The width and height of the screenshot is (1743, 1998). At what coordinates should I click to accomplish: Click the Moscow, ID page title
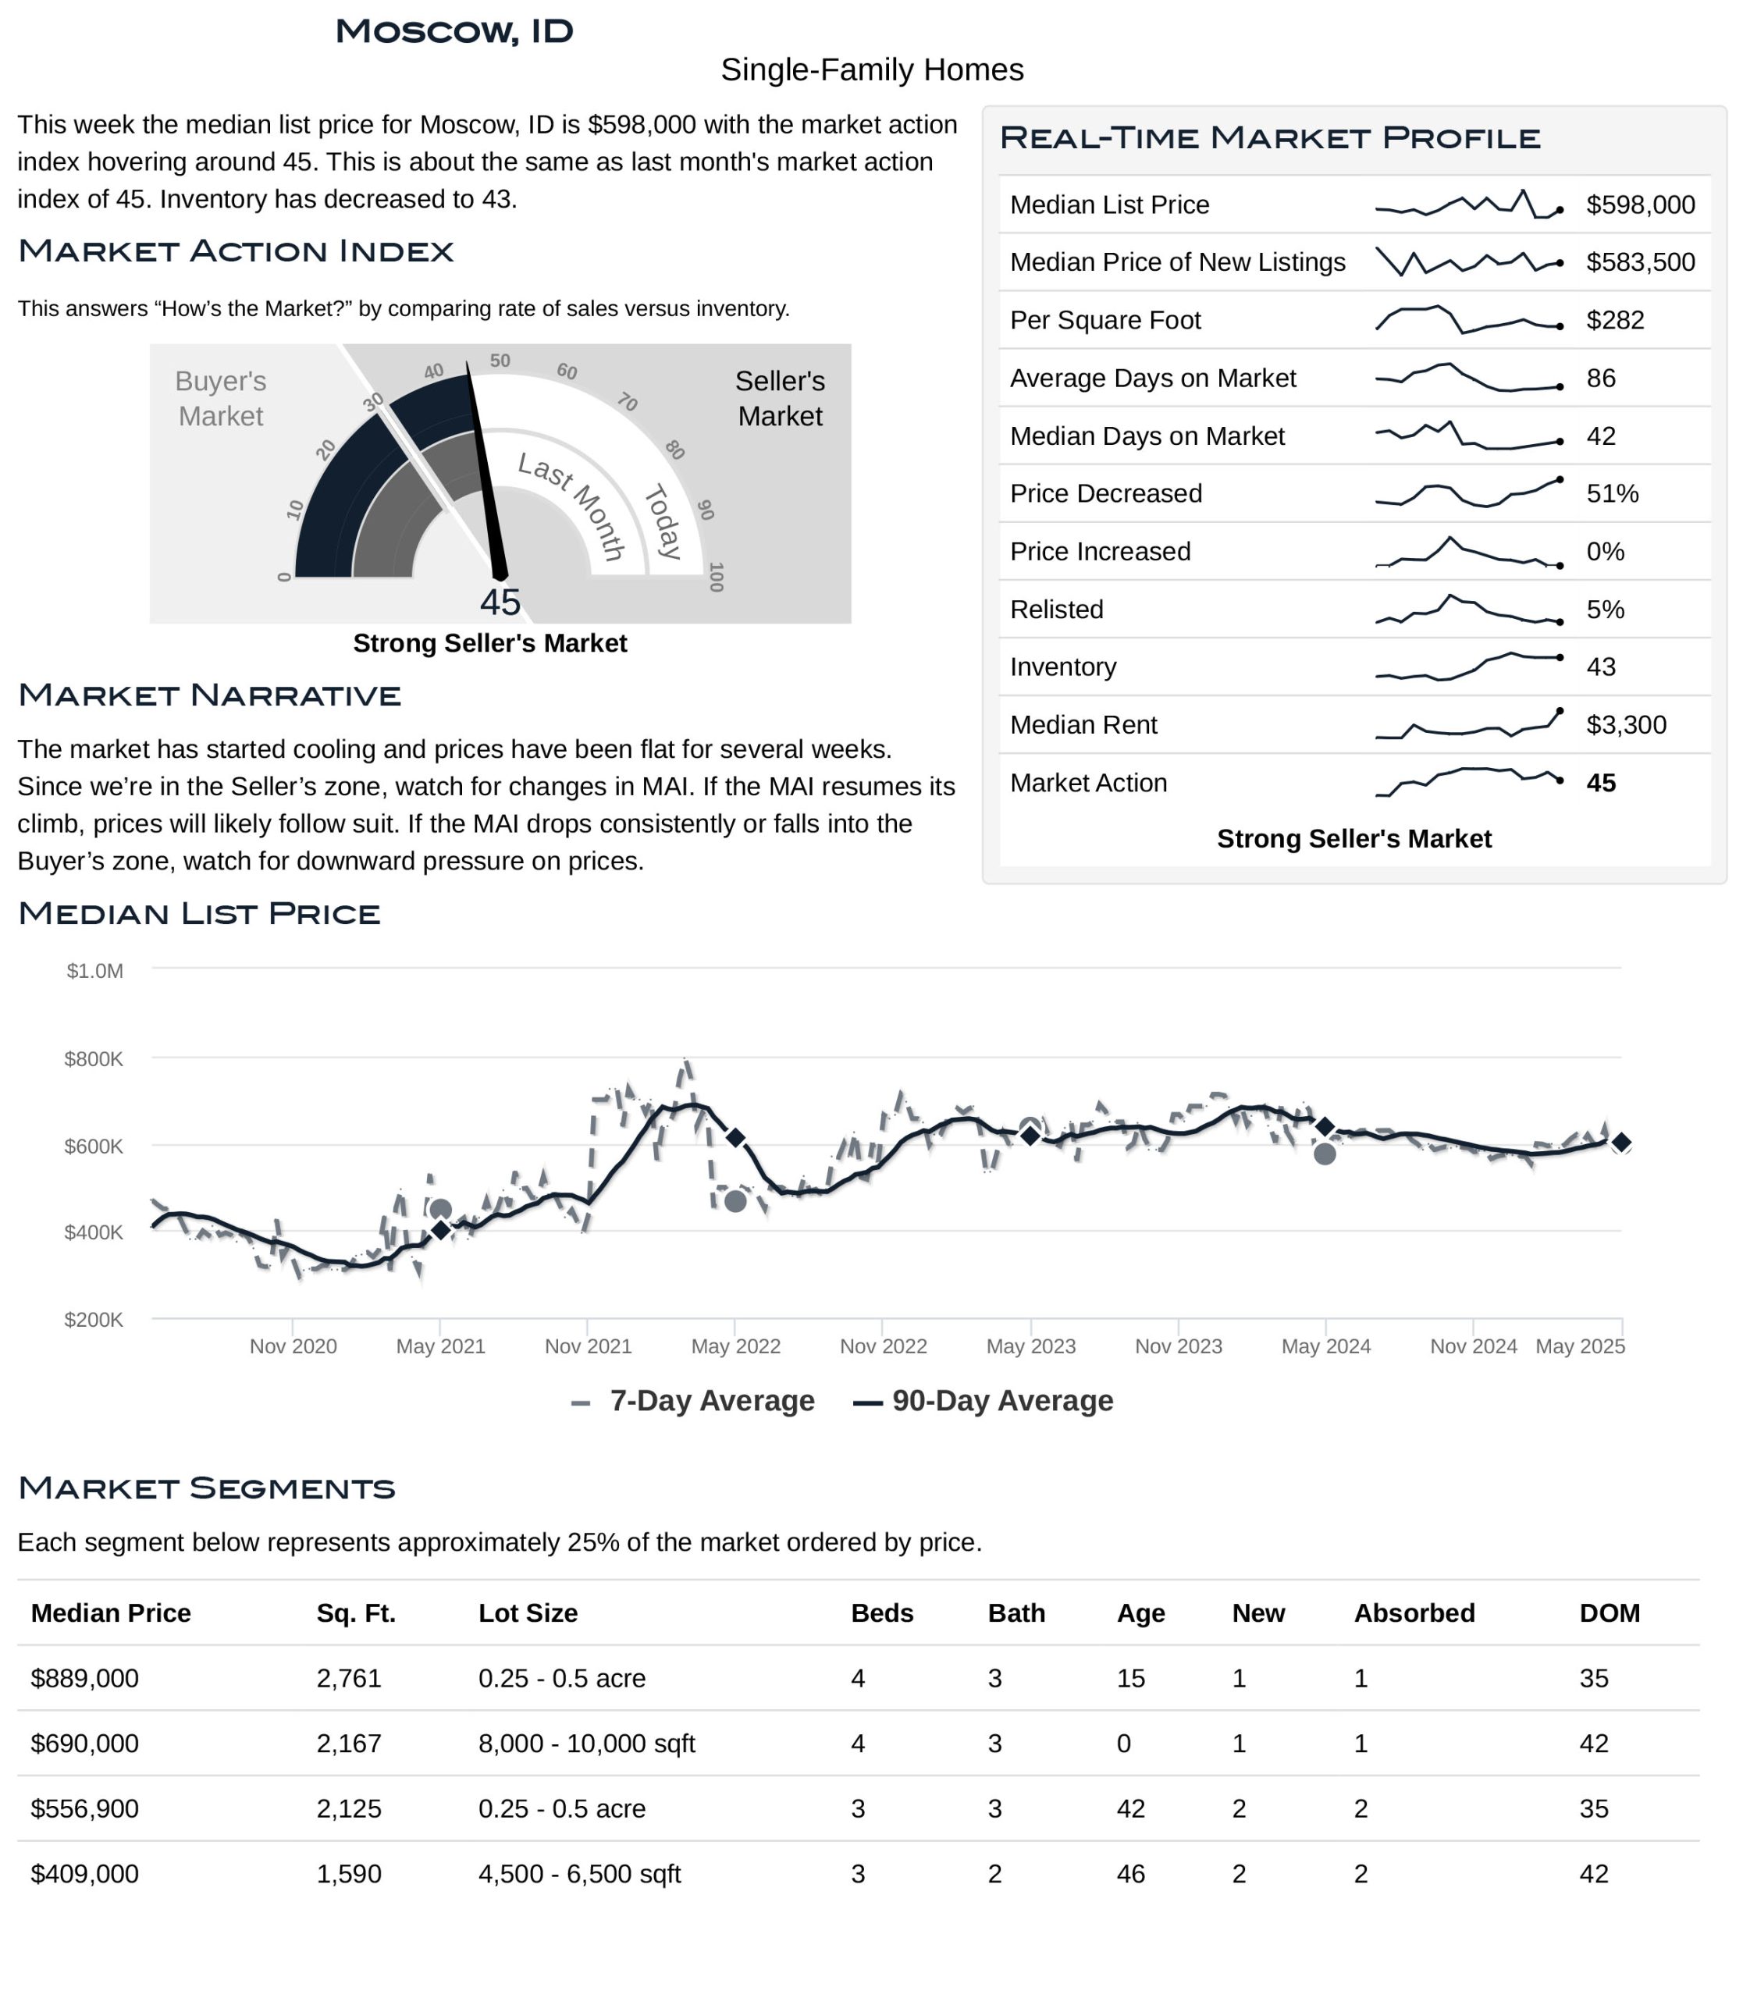(x=454, y=31)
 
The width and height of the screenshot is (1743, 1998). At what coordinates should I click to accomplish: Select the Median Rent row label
(x=1083, y=725)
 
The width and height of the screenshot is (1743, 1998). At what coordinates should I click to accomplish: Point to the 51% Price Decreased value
(x=1612, y=493)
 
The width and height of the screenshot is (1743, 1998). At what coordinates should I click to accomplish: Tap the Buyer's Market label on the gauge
(x=221, y=399)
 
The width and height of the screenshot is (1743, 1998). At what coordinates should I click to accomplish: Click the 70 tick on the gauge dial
(x=628, y=402)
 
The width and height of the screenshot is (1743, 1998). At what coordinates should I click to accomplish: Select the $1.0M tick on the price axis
(x=94, y=971)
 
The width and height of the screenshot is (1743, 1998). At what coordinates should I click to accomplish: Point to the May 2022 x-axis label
(x=735, y=1346)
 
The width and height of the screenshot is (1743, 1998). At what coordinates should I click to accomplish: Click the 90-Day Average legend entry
(x=983, y=1401)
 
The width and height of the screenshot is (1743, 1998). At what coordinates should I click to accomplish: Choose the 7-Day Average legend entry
(x=692, y=1401)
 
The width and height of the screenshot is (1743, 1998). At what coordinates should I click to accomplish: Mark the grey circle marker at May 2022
(x=735, y=1201)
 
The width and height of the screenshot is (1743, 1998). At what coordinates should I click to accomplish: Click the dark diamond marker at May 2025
(x=1621, y=1142)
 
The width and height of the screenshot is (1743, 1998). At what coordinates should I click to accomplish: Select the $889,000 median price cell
(x=84, y=1678)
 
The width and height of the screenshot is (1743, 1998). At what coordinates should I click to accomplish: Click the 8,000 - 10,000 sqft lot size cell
(x=586, y=1743)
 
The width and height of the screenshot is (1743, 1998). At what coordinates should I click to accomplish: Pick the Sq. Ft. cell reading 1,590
(x=348, y=1873)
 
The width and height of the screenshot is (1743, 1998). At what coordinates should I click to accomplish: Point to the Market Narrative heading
(x=209, y=695)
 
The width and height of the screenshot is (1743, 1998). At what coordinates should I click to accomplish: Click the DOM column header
(x=1609, y=1612)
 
